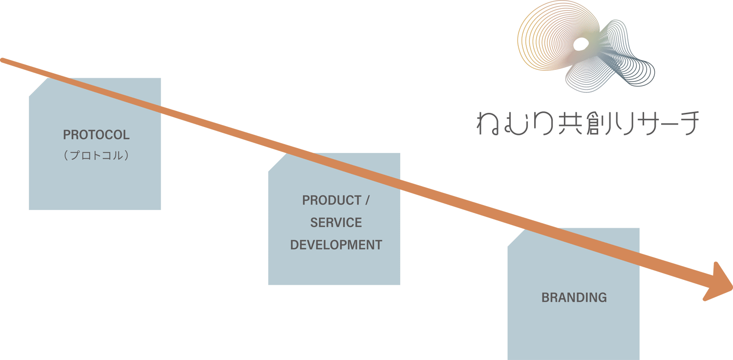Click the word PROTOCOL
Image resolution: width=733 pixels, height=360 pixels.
(96, 135)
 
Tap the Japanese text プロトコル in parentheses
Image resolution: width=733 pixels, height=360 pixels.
(96, 156)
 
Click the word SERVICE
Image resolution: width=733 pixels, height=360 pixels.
(336, 223)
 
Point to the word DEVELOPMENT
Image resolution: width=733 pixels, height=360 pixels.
(336, 245)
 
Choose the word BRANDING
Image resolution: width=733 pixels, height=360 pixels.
(574, 297)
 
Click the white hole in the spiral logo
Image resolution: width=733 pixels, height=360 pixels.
(580, 44)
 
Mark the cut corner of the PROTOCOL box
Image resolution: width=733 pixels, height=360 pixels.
(38, 87)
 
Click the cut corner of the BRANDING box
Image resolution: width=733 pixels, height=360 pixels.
(517, 237)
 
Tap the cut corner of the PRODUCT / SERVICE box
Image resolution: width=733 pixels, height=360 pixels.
(277, 162)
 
